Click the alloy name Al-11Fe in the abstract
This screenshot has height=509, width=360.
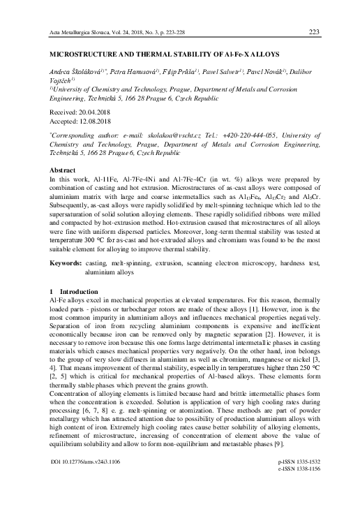pyautogui.click(x=100, y=179)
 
